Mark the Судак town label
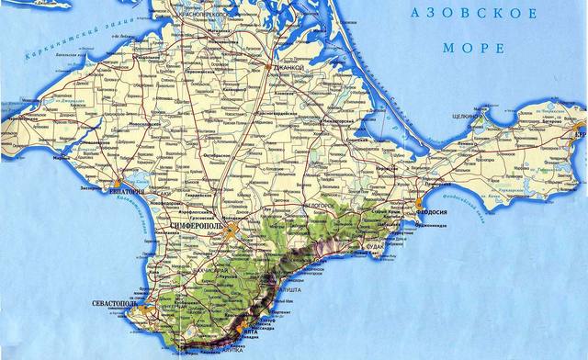coord(377,246)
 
